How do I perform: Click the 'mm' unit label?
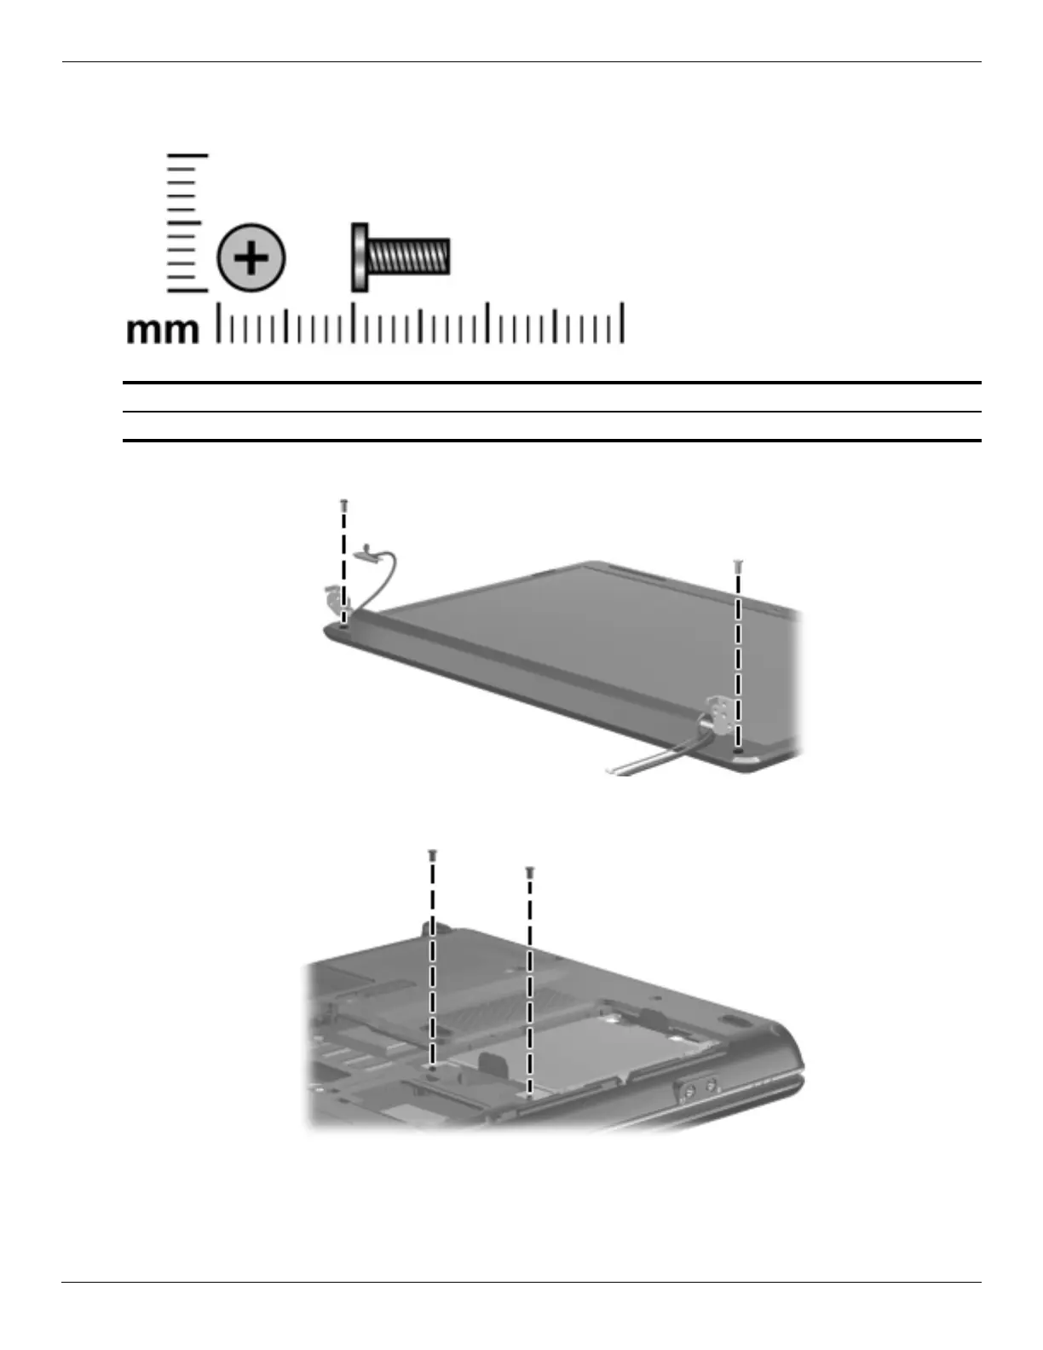163,331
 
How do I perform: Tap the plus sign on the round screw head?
251,257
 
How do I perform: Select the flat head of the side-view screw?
359,257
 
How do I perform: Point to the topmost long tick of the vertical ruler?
187,155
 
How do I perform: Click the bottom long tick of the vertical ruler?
187,290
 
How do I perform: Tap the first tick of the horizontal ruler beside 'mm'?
219,322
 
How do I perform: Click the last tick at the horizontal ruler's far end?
622,322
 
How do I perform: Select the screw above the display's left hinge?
343,506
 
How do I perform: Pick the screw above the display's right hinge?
738,567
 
